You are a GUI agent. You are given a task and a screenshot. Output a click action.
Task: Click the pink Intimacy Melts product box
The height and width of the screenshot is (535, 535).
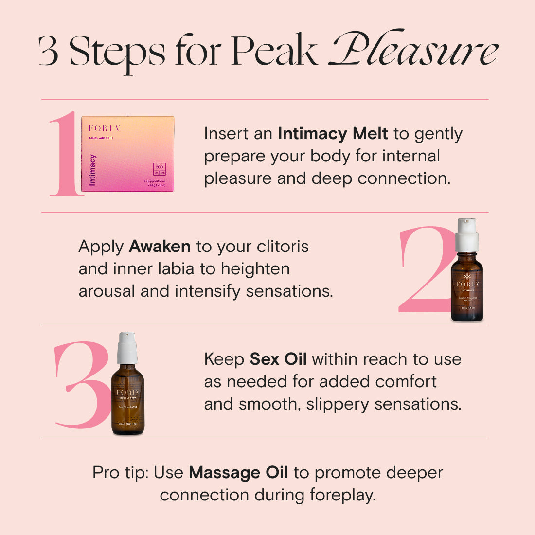click(127, 154)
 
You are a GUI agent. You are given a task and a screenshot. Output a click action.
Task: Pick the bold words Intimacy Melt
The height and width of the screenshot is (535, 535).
click(333, 134)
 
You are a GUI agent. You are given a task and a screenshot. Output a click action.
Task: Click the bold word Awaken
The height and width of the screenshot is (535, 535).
click(160, 247)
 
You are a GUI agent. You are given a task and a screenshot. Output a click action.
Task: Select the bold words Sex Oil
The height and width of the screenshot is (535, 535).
click(278, 359)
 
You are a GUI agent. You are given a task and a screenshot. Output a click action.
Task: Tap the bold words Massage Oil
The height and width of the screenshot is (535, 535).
click(238, 472)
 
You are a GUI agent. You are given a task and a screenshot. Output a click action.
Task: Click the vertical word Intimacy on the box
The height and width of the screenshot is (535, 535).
click(92, 170)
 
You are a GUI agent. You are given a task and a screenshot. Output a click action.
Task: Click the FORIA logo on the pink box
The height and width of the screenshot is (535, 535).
click(104, 128)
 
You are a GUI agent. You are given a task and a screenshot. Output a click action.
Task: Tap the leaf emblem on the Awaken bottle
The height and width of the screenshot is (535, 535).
click(467, 276)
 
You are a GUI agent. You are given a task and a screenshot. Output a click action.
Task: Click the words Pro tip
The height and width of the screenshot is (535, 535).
click(121, 472)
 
